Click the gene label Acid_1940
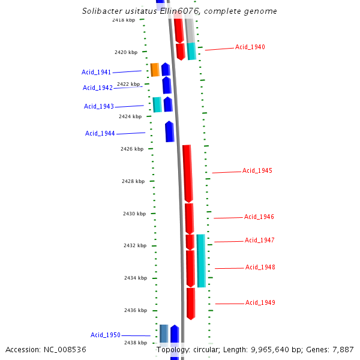point(250,47)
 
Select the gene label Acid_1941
point(96,72)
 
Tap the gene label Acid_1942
point(98,88)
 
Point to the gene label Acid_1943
point(99,106)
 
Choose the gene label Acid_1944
point(100,133)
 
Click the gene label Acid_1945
point(257,170)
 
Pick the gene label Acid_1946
point(259,217)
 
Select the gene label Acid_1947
point(259,240)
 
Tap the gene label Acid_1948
point(260,267)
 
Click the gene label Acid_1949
point(260,302)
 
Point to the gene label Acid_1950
point(106,335)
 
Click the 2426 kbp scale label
point(131,149)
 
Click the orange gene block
point(155,70)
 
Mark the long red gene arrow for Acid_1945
point(188,173)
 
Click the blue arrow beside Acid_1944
point(169,131)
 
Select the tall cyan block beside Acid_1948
point(201,260)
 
